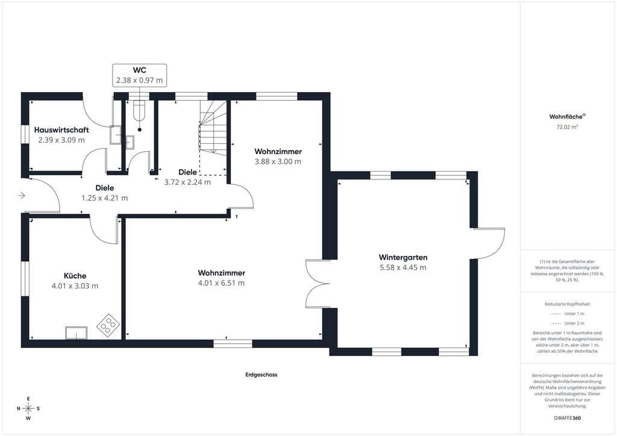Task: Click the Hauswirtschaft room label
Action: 61,129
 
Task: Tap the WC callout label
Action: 140,70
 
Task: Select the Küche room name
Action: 75,276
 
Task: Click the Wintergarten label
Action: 403,257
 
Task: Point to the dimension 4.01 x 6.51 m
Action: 221,283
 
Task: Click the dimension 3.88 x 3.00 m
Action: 278,161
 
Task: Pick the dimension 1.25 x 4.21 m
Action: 105,198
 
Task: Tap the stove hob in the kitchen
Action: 108,325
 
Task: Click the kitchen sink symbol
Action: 77,332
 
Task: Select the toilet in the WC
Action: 139,110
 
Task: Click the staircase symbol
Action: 213,128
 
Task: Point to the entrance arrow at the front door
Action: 22,195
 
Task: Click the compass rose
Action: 28,408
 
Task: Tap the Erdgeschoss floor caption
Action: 262,375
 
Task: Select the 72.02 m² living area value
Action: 567,127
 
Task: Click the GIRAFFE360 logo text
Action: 567,418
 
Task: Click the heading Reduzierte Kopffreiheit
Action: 567,304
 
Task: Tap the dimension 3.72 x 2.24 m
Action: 187,182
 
